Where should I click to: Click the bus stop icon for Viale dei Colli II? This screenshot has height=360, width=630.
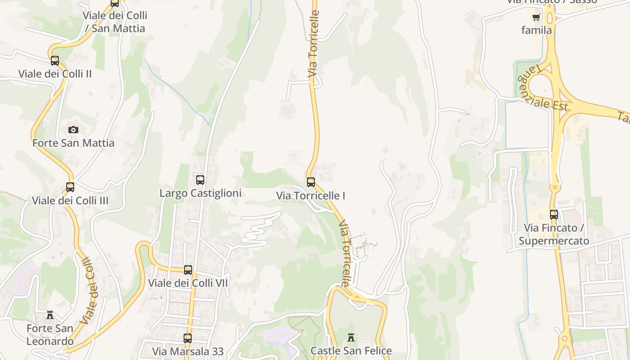click(x=55, y=60)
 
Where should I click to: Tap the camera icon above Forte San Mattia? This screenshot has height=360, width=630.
click(x=73, y=130)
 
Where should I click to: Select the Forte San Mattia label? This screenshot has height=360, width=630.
click(x=73, y=143)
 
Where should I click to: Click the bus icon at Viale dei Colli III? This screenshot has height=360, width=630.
click(x=70, y=187)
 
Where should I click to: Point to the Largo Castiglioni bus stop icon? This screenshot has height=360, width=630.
click(x=200, y=180)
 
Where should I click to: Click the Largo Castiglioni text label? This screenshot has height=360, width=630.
click(x=201, y=193)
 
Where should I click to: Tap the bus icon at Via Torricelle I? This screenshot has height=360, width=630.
click(x=311, y=182)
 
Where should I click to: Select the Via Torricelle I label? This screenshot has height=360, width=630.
click(x=311, y=196)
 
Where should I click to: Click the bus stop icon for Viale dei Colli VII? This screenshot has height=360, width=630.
click(x=188, y=270)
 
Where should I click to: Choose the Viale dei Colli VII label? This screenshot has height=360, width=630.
click(x=188, y=283)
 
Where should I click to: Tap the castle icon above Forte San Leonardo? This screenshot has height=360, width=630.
click(x=50, y=315)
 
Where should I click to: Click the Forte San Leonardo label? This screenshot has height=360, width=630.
click(x=49, y=334)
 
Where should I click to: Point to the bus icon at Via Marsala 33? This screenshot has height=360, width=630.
click(x=188, y=338)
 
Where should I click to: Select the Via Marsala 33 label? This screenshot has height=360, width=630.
click(x=188, y=351)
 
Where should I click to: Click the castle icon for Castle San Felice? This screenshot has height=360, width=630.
click(x=351, y=337)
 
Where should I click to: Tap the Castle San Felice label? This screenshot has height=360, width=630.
click(x=351, y=351)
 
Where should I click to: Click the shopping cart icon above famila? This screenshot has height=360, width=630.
click(x=536, y=18)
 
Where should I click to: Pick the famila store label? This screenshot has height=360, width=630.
click(x=536, y=30)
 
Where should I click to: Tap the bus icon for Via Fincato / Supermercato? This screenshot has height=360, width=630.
click(x=554, y=215)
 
